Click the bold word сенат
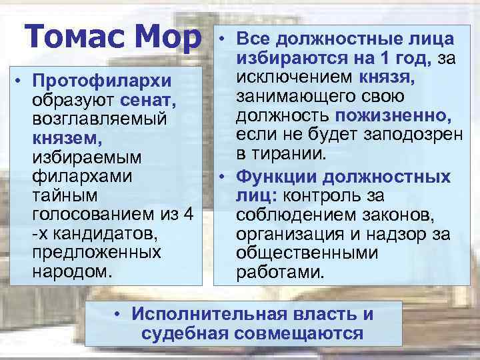149,101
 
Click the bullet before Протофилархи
21,81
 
